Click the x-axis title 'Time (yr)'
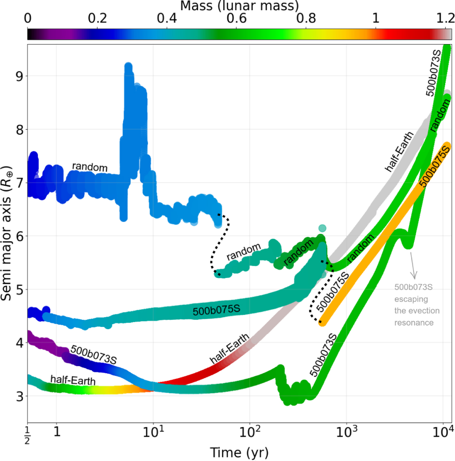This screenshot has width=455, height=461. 239,452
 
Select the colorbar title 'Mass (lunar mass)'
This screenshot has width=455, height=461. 239,6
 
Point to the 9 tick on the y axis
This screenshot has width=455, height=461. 19,76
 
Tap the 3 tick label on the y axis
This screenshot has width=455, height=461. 19,397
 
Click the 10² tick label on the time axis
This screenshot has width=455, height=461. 249,431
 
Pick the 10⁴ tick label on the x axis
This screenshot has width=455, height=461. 442,431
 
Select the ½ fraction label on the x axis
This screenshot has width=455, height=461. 27,435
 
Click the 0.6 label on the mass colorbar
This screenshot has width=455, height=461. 236,18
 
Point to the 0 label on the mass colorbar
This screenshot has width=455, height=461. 28,18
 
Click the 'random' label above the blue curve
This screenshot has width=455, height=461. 90,167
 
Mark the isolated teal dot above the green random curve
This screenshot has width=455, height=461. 322,228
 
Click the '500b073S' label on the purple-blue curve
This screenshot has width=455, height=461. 93,355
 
